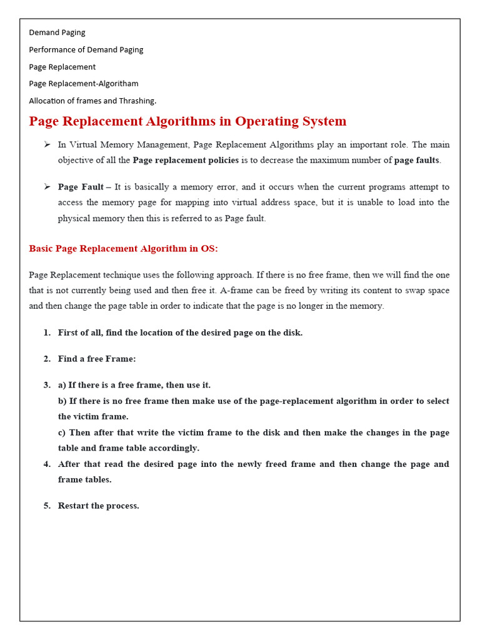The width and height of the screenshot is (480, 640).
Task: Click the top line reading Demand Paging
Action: [57, 32]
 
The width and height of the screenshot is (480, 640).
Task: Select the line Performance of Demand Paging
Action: [86, 49]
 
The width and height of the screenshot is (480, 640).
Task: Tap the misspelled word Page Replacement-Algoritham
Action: [84, 83]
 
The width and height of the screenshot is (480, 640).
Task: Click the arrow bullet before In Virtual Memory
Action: [47, 144]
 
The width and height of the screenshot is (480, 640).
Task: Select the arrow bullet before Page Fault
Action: [47, 187]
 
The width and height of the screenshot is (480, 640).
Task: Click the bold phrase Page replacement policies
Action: [186, 160]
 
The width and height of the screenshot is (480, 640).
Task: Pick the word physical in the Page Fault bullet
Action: [74, 218]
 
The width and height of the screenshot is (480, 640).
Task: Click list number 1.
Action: [47, 332]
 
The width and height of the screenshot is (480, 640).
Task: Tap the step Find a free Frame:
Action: [97, 359]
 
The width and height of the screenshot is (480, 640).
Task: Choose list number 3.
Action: [47, 385]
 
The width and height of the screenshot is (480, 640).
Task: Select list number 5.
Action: [47, 506]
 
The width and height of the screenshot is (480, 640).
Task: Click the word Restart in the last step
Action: [74, 506]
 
